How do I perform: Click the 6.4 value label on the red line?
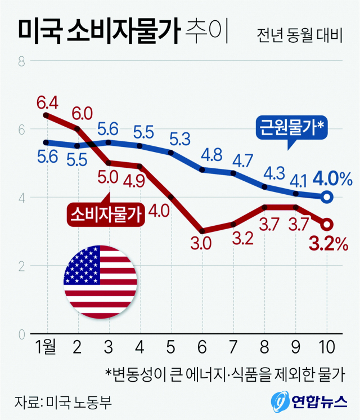47,102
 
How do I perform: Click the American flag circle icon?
100,282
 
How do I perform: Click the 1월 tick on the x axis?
46,346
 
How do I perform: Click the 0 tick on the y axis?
21,334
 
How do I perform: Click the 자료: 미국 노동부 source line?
66,402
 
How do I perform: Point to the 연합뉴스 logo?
307,401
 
